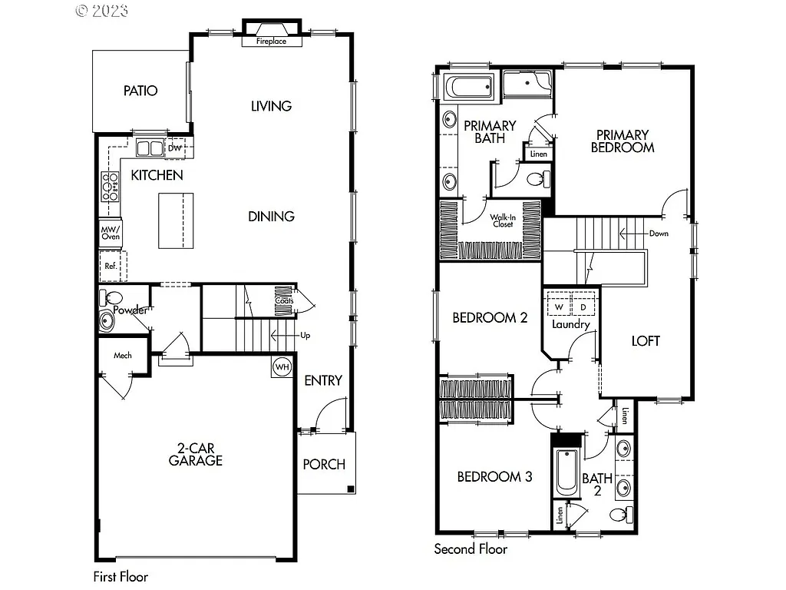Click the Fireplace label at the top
(271, 41)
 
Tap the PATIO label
(140, 91)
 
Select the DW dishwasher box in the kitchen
(174, 147)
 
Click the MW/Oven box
(111, 234)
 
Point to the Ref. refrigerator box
(111, 267)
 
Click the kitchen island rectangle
(176, 220)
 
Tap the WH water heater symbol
(282, 367)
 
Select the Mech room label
(123, 356)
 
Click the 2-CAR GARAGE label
(196, 454)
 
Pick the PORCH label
(324, 464)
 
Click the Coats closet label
(283, 300)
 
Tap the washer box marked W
(559, 307)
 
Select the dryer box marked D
(583, 307)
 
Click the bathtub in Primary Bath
(470, 88)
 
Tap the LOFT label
(645, 341)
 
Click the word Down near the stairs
(658, 233)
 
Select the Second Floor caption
(471, 549)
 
